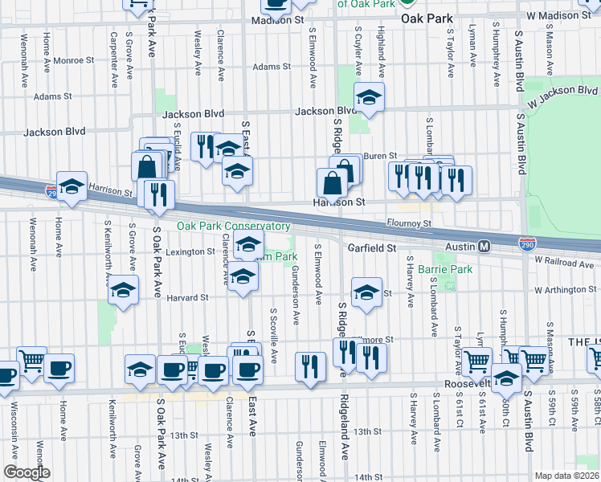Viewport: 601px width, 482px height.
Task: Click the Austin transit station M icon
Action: [484, 246]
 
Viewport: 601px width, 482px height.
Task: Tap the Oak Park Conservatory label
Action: [233, 227]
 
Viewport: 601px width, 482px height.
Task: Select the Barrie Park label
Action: [450, 270]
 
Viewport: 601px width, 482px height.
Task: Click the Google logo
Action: [26, 472]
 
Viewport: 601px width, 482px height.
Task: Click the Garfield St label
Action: [373, 249]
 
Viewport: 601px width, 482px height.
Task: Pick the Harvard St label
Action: [187, 297]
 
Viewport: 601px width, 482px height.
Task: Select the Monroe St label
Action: [75, 59]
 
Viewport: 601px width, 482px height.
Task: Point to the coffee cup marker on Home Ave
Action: [59, 370]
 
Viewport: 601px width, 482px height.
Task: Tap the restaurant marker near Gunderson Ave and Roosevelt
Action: [310, 366]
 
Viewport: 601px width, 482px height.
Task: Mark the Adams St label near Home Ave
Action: [53, 96]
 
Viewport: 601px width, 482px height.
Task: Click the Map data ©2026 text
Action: [566, 476]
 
